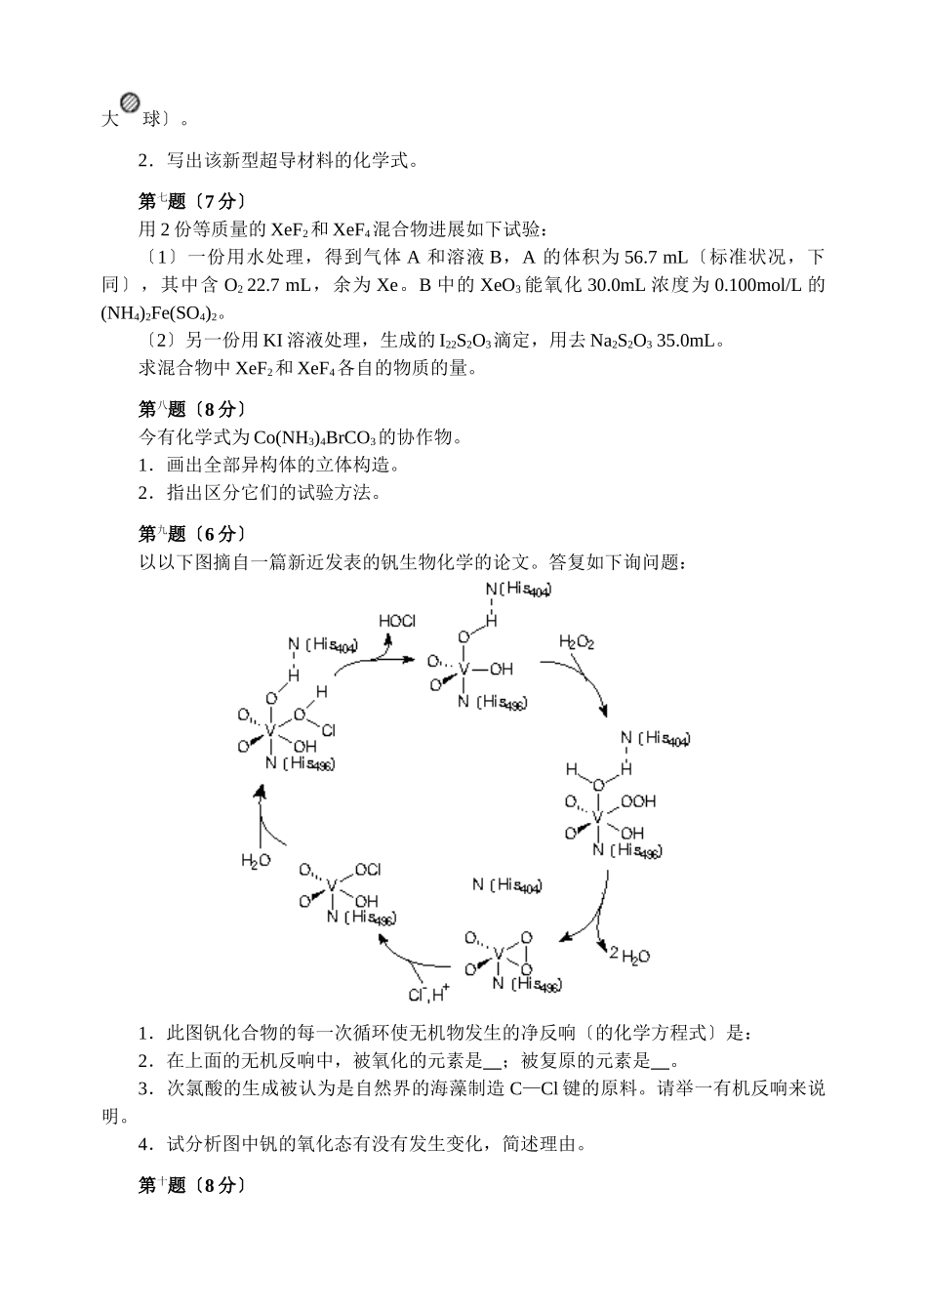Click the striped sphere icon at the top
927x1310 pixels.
(130, 104)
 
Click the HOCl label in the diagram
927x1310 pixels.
(397, 621)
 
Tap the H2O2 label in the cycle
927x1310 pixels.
(577, 641)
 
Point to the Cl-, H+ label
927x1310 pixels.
(428, 995)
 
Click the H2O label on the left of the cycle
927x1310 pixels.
(255, 860)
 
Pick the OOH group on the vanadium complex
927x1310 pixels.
(638, 801)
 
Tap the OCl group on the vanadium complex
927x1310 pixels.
(368, 869)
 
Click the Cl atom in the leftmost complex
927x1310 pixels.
(328, 729)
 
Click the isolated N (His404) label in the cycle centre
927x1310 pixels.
(506, 885)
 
